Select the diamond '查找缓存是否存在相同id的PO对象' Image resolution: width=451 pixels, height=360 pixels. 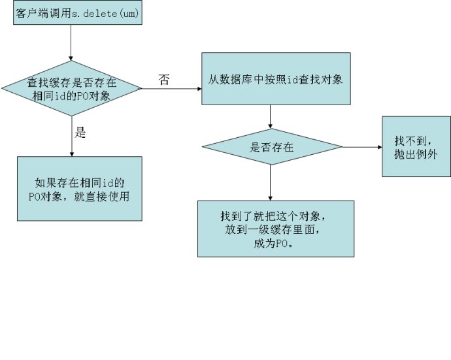coord(71,88)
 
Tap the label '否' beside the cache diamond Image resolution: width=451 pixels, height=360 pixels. coord(164,79)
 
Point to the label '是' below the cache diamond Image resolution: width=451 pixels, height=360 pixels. coord(81,133)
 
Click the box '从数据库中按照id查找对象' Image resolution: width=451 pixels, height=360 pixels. coord(275,78)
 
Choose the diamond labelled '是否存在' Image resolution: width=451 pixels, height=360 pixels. coord(271,148)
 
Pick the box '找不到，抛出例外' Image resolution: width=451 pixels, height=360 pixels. coord(416,146)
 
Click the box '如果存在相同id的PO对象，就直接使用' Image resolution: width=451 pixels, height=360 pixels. coord(79,188)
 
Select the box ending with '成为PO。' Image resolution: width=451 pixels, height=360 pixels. coord(275,228)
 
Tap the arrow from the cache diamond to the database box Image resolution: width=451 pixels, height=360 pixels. coord(171,88)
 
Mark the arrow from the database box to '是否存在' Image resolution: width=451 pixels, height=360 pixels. coord(271,117)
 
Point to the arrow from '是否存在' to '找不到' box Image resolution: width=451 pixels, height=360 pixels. coord(361,147)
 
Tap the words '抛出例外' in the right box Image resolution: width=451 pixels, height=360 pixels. coord(416,155)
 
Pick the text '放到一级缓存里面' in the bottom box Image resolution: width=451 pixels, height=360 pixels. coord(275,229)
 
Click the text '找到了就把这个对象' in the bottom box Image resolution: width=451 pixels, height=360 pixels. coord(275,216)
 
